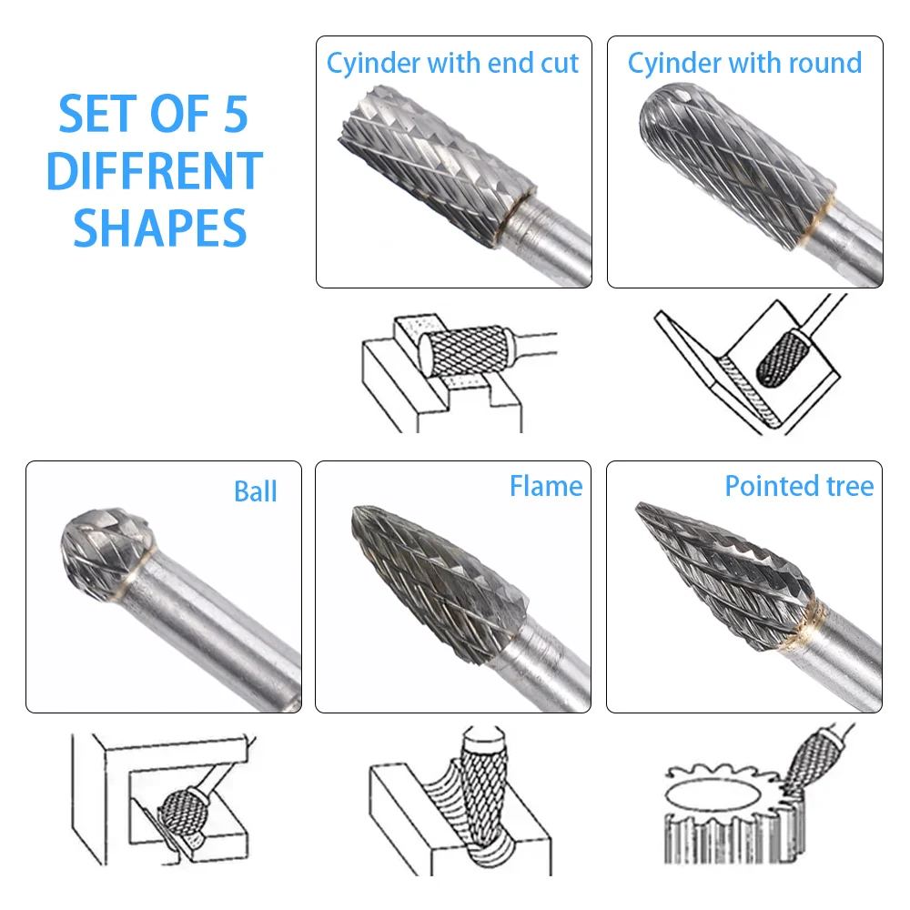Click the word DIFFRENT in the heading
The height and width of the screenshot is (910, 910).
point(155,170)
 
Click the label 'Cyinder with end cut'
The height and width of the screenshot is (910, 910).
point(452,63)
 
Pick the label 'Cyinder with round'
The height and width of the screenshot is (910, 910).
point(744,63)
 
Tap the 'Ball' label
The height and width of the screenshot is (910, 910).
point(255,491)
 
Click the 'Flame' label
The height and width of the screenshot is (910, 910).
point(546,486)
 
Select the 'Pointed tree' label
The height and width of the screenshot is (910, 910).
point(799,486)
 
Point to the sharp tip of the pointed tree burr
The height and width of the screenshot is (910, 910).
point(640,505)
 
